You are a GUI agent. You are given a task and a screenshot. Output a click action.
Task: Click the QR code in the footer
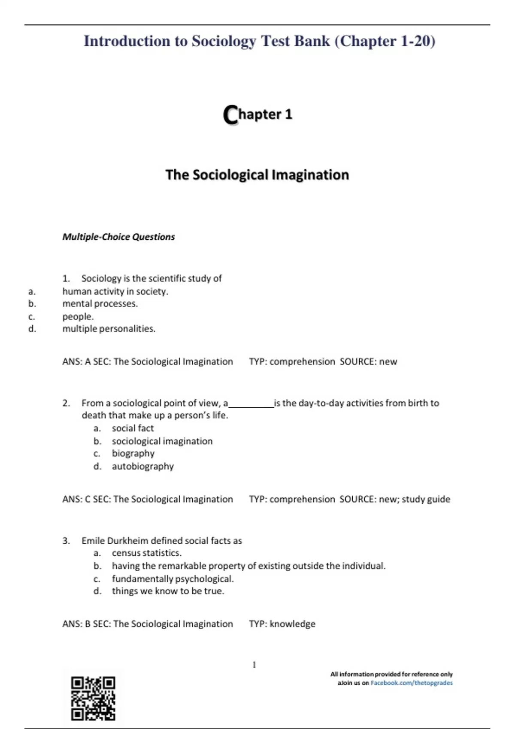click(x=93, y=698)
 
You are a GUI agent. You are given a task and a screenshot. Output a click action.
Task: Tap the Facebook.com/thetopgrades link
click(x=411, y=683)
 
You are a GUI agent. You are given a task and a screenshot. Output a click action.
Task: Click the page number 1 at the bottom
click(x=254, y=665)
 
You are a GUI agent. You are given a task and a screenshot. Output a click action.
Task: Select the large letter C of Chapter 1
click(x=230, y=115)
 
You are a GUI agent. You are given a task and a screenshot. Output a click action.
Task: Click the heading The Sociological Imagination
click(x=257, y=175)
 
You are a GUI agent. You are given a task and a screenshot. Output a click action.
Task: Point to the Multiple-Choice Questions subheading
click(x=118, y=237)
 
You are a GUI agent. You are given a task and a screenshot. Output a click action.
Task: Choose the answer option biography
click(x=133, y=453)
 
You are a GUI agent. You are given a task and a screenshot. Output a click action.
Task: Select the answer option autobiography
click(x=142, y=466)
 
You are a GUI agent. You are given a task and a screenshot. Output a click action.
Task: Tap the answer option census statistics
click(x=146, y=553)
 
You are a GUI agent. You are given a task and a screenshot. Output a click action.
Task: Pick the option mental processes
click(x=100, y=304)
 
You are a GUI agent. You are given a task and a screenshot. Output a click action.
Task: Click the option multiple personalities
click(x=109, y=328)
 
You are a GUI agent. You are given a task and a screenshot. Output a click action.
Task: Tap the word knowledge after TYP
click(x=292, y=624)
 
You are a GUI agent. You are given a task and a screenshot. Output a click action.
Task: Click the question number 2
click(x=66, y=403)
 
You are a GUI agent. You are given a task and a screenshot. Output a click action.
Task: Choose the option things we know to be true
click(x=168, y=591)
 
